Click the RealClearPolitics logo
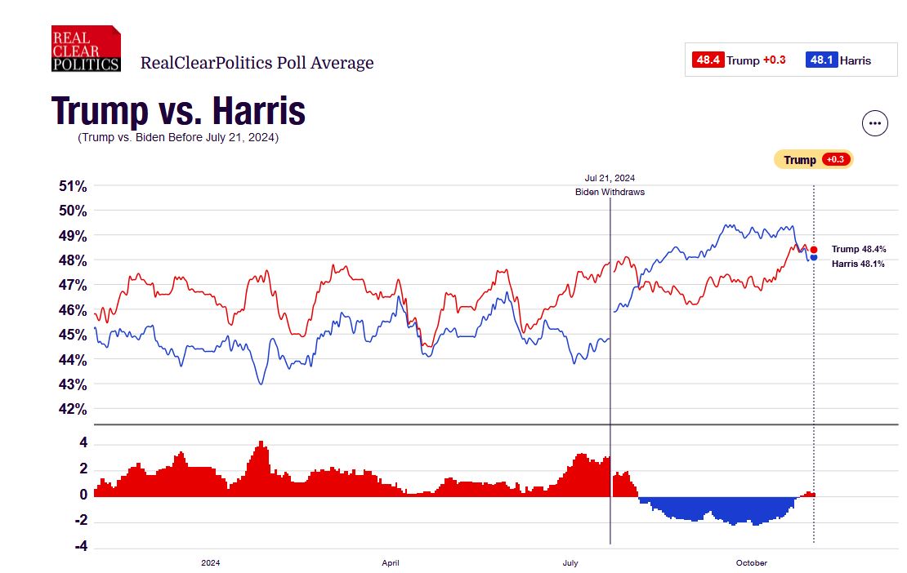(x=86, y=49)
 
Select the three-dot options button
(x=875, y=123)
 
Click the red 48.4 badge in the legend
(x=708, y=60)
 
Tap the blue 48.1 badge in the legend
(x=821, y=60)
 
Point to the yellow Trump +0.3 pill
(x=813, y=160)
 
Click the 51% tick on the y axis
(x=73, y=186)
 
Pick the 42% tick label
(x=73, y=409)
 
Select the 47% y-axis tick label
(x=73, y=285)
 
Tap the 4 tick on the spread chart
(x=83, y=444)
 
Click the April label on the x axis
(x=391, y=563)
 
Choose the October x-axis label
(x=752, y=563)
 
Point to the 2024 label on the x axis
(x=210, y=563)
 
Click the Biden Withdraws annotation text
(x=610, y=192)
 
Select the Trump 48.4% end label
(x=857, y=249)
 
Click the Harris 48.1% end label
(x=857, y=264)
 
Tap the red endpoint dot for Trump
(x=814, y=250)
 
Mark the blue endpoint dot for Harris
(x=814, y=258)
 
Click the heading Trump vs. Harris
(x=179, y=111)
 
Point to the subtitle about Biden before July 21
(x=178, y=138)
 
